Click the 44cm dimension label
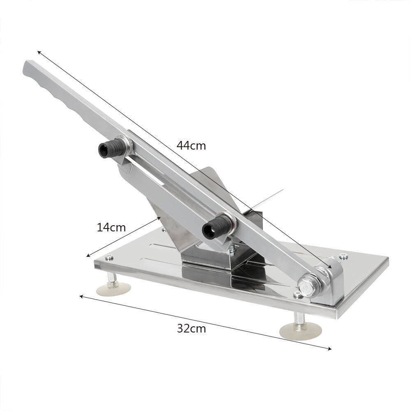191,145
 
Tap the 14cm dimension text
111,227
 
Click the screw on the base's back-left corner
109,258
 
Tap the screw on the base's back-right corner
343,256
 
